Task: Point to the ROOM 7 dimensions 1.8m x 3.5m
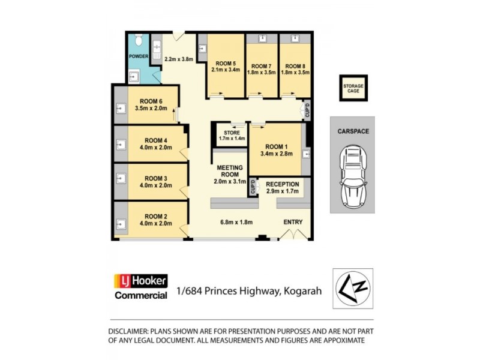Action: coord(262,72)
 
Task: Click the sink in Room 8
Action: coord(295,38)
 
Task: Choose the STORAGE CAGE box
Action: coord(353,89)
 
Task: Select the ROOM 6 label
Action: coord(151,101)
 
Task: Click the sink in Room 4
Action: coord(120,145)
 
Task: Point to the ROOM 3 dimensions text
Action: coord(155,185)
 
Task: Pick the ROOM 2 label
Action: coord(155,216)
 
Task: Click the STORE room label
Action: coord(232,132)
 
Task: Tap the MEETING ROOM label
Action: coord(229,172)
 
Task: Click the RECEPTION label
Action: coord(282,184)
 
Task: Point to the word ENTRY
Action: coord(293,222)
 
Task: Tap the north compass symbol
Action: coord(353,288)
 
